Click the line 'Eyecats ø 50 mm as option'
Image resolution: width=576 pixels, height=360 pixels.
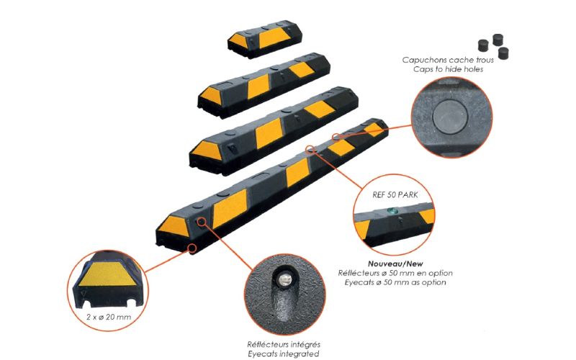click(x=392, y=282)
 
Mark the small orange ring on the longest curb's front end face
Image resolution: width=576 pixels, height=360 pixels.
click(x=192, y=248)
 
